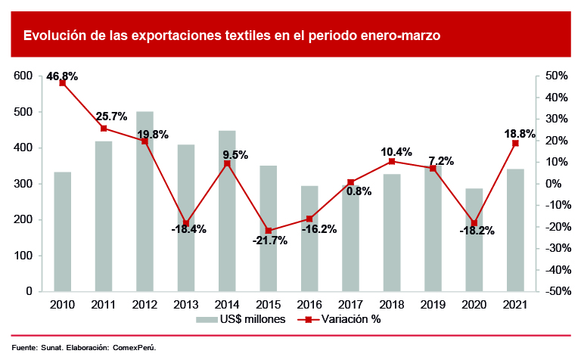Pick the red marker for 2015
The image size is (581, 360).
coord(268,231)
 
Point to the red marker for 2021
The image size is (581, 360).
coord(515,143)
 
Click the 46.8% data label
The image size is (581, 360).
coord(62,76)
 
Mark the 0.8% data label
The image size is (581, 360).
coord(359,191)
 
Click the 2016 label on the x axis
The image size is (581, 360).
coord(309,304)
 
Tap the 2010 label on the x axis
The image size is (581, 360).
coord(63,304)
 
